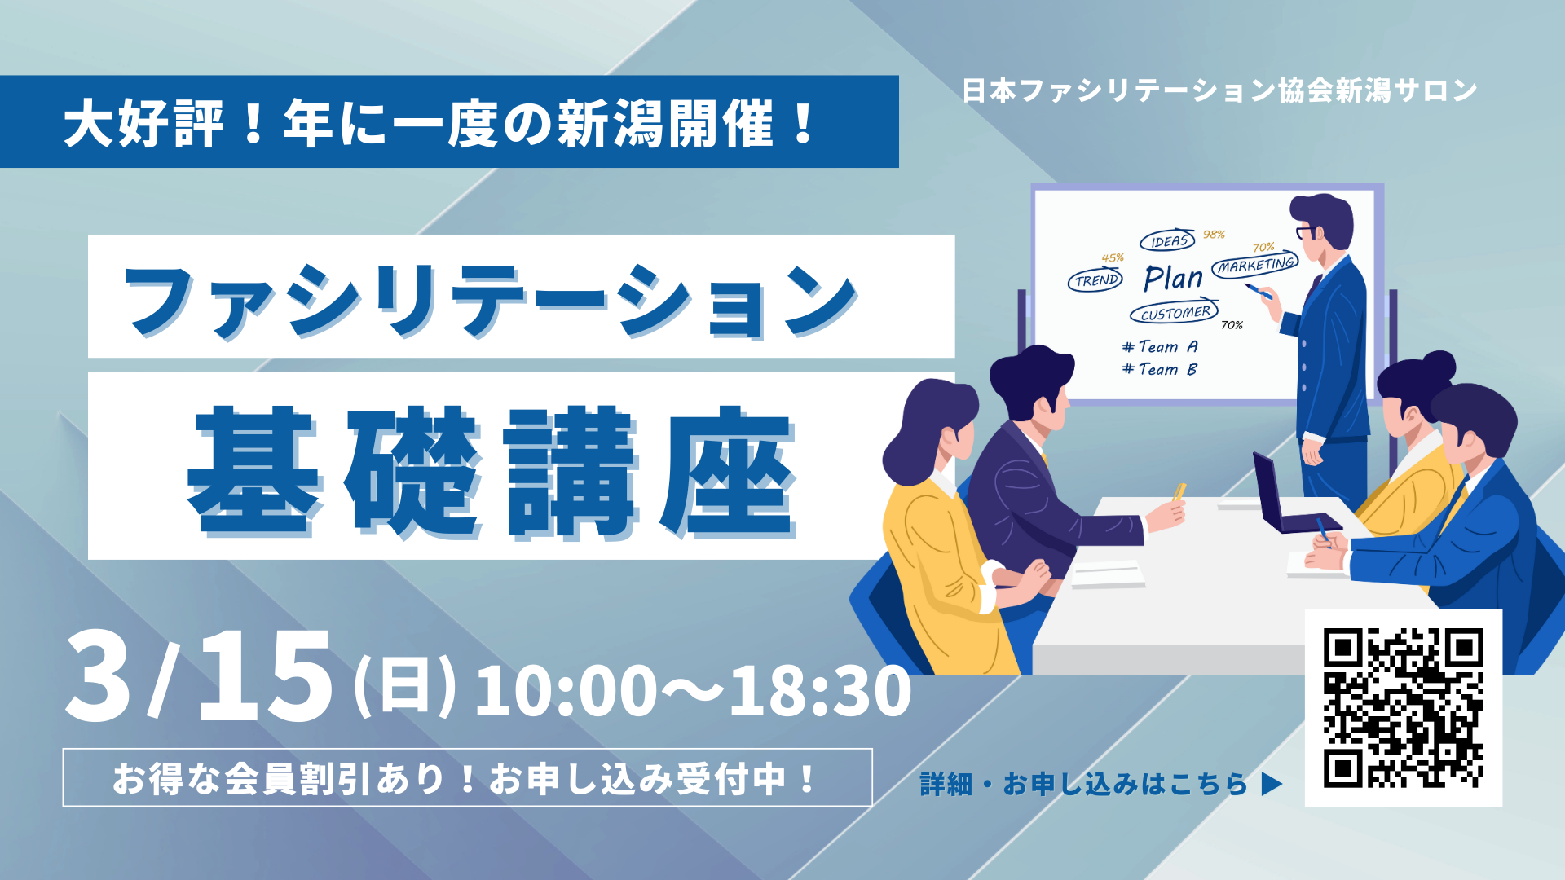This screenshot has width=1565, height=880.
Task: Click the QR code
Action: pyautogui.click(x=1403, y=707)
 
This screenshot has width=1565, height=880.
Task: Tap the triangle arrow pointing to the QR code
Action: pyautogui.click(x=1271, y=784)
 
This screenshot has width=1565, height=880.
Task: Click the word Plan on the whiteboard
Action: pyautogui.click(x=1173, y=279)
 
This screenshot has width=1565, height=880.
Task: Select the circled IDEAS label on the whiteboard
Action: pyautogui.click(x=1167, y=240)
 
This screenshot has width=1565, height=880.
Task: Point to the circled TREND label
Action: pyautogui.click(x=1095, y=281)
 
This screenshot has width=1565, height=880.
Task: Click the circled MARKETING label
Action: pyautogui.click(x=1255, y=266)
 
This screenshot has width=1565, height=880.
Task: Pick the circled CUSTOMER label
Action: pyautogui.click(x=1175, y=313)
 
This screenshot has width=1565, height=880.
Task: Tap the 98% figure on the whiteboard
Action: pyautogui.click(x=1214, y=235)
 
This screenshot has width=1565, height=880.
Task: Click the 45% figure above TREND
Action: pyautogui.click(x=1113, y=258)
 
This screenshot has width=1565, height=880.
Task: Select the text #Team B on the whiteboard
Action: pyautogui.click(x=1160, y=369)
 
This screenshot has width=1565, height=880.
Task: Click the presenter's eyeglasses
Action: pyautogui.click(x=1306, y=232)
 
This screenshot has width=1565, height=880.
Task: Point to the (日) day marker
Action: pyautogui.click(x=404, y=688)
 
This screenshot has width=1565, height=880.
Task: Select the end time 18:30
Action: pyautogui.click(x=819, y=692)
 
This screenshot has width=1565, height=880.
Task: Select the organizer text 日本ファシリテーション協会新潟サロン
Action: pyautogui.click(x=1219, y=90)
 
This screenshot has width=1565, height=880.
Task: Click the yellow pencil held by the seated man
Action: pyautogui.click(x=1179, y=491)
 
